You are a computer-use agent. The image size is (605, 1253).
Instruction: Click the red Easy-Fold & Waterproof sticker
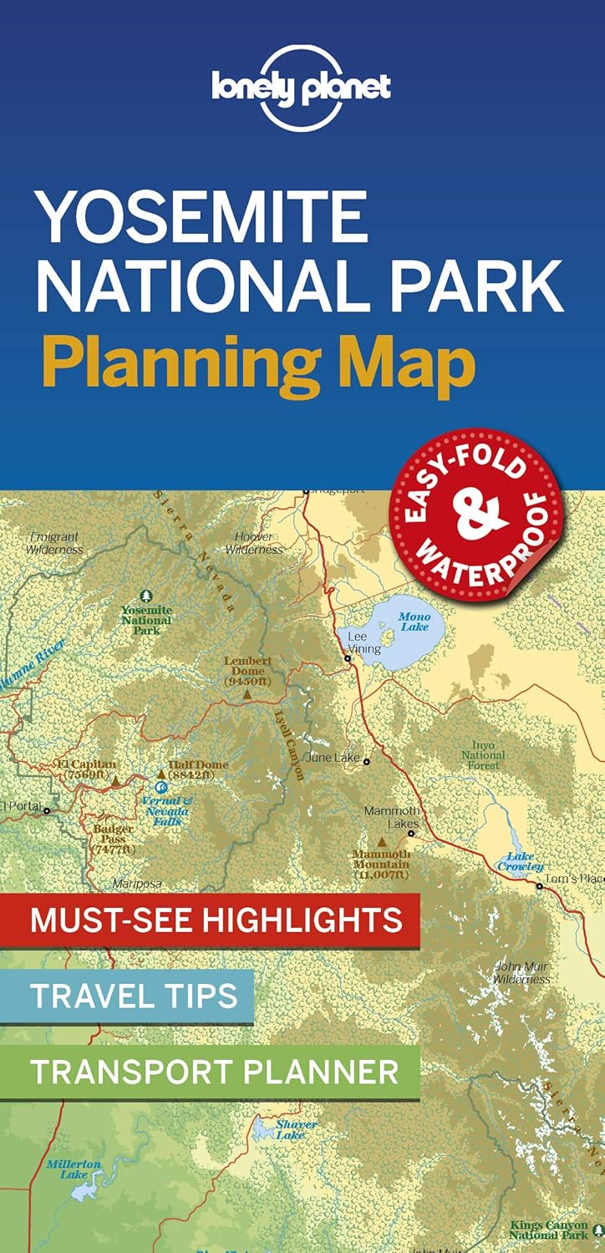pos(477,515)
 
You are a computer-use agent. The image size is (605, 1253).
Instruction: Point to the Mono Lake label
pos(414,621)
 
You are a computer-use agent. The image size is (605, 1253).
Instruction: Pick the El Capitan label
pos(87,769)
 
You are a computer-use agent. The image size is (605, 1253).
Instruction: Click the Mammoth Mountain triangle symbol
pos(382,842)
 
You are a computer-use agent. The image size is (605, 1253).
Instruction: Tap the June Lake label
pos(333,758)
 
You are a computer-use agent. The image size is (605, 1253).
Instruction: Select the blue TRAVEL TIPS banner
pos(134,995)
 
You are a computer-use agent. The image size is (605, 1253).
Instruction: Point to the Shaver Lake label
pos(296,1129)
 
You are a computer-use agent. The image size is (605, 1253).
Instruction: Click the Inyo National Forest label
pos(483,755)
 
